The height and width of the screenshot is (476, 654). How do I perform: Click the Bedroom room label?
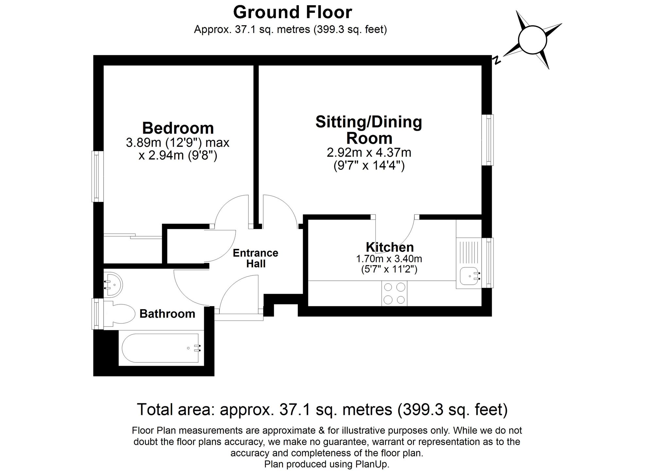[x=178, y=128]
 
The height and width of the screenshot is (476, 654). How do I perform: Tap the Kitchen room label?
[x=389, y=247]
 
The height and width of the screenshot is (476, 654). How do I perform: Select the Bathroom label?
[x=167, y=314]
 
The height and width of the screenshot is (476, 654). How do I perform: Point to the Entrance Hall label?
[x=255, y=258]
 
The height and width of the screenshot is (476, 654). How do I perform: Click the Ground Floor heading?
[x=292, y=12]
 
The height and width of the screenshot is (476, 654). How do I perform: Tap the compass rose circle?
[x=532, y=40]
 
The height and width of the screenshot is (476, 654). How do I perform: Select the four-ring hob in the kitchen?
[x=394, y=293]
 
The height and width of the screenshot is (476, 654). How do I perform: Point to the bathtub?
[x=160, y=348]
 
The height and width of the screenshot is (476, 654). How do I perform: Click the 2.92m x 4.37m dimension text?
[x=369, y=152]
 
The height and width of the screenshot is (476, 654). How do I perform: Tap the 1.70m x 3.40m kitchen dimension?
[x=389, y=259]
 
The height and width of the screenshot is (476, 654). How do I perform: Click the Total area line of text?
[x=322, y=409]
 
